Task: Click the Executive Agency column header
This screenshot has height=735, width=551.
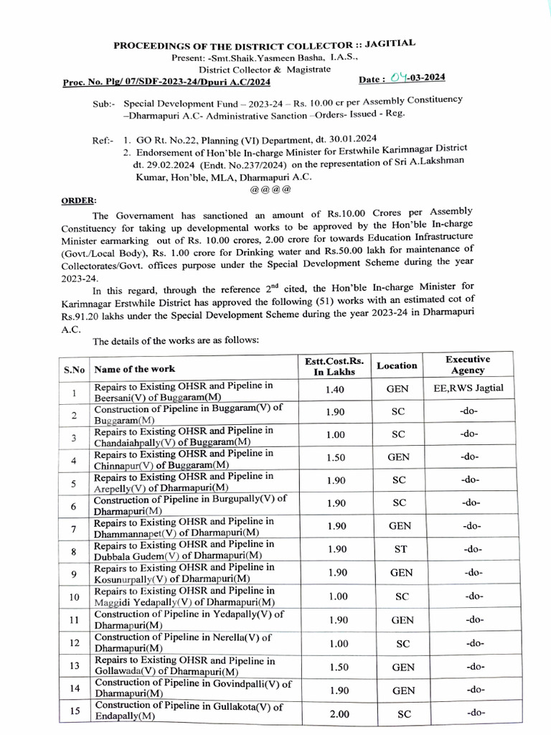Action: coord(467,365)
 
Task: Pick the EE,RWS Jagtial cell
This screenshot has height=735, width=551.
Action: coord(468,389)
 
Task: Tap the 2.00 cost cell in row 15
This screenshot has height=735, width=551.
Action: coord(336,714)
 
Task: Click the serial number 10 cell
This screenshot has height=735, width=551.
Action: coord(74,597)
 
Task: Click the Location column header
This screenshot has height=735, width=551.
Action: coord(397,365)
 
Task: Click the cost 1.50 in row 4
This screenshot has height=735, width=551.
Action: coord(336,457)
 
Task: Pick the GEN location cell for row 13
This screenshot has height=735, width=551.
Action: coord(402,668)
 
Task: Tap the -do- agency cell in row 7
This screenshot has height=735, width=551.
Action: coord(472,526)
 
